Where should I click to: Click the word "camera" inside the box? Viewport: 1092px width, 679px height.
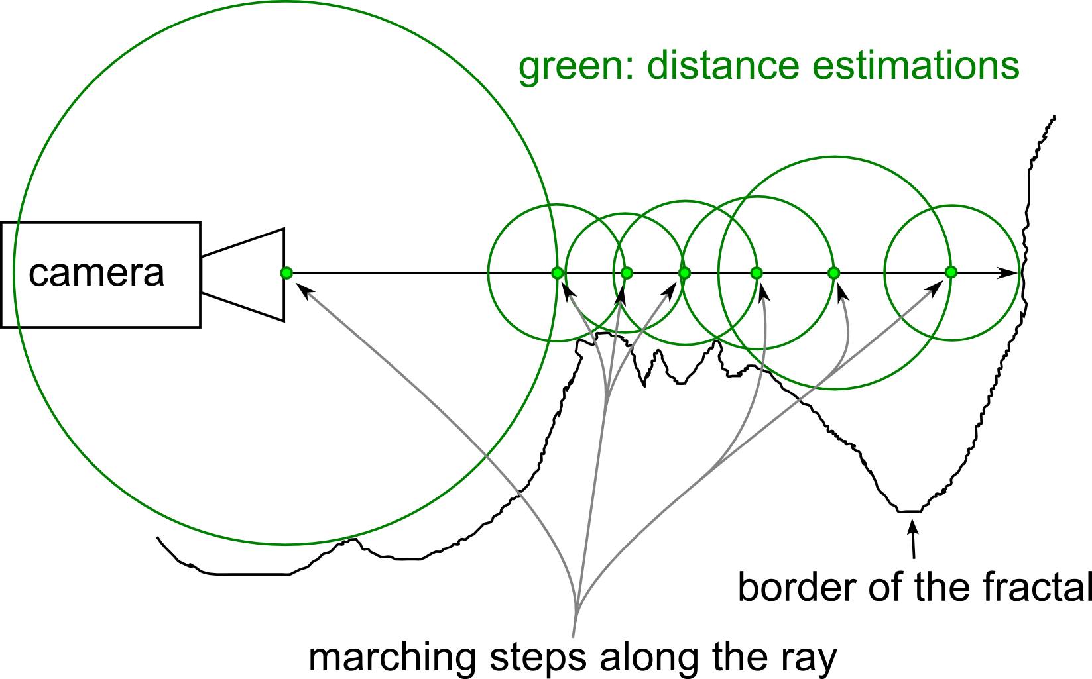click(96, 273)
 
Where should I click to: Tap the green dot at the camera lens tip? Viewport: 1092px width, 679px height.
click(286, 272)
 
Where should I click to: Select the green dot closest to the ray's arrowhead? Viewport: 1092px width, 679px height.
click(951, 272)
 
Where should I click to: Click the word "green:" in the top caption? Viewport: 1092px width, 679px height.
click(576, 66)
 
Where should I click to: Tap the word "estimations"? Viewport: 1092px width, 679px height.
click(920, 66)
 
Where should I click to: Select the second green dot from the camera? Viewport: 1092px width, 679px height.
click(557, 272)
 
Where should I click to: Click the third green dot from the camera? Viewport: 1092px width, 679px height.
click(627, 272)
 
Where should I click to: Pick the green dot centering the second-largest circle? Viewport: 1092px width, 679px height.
click(834, 272)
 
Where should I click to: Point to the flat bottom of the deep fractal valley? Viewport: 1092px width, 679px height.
click(909, 511)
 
